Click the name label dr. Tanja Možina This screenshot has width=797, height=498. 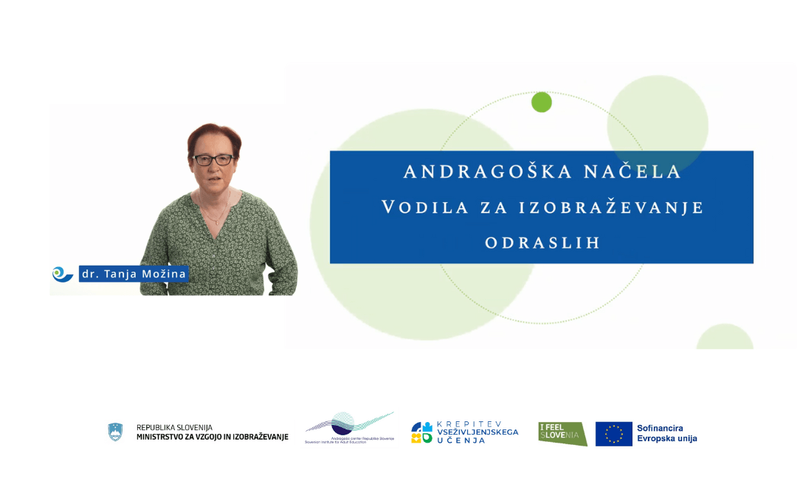point(134,274)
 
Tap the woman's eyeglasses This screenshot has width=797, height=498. point(213,159)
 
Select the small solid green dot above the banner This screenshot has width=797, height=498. point(542,103)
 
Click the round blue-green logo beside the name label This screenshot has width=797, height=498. point(62,274)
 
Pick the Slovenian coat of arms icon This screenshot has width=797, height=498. point(115,432)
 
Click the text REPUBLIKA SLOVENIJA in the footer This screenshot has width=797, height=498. point(174,427)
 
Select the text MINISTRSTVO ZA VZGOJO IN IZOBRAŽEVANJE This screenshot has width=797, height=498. point(213,438)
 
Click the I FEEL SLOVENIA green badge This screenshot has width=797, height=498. point(562,434)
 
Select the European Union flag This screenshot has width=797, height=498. point(614,434)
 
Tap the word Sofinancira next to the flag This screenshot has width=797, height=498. point(660,428)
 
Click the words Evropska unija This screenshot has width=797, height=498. point(667,439)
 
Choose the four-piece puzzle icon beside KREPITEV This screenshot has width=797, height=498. point(422,432)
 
